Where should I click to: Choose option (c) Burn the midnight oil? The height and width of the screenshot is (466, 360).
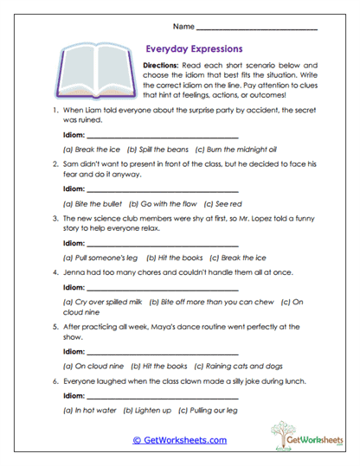point(234,149)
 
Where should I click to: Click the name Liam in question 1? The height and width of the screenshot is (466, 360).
point(91,111)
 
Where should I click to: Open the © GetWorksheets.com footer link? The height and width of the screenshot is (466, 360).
point(179,440)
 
